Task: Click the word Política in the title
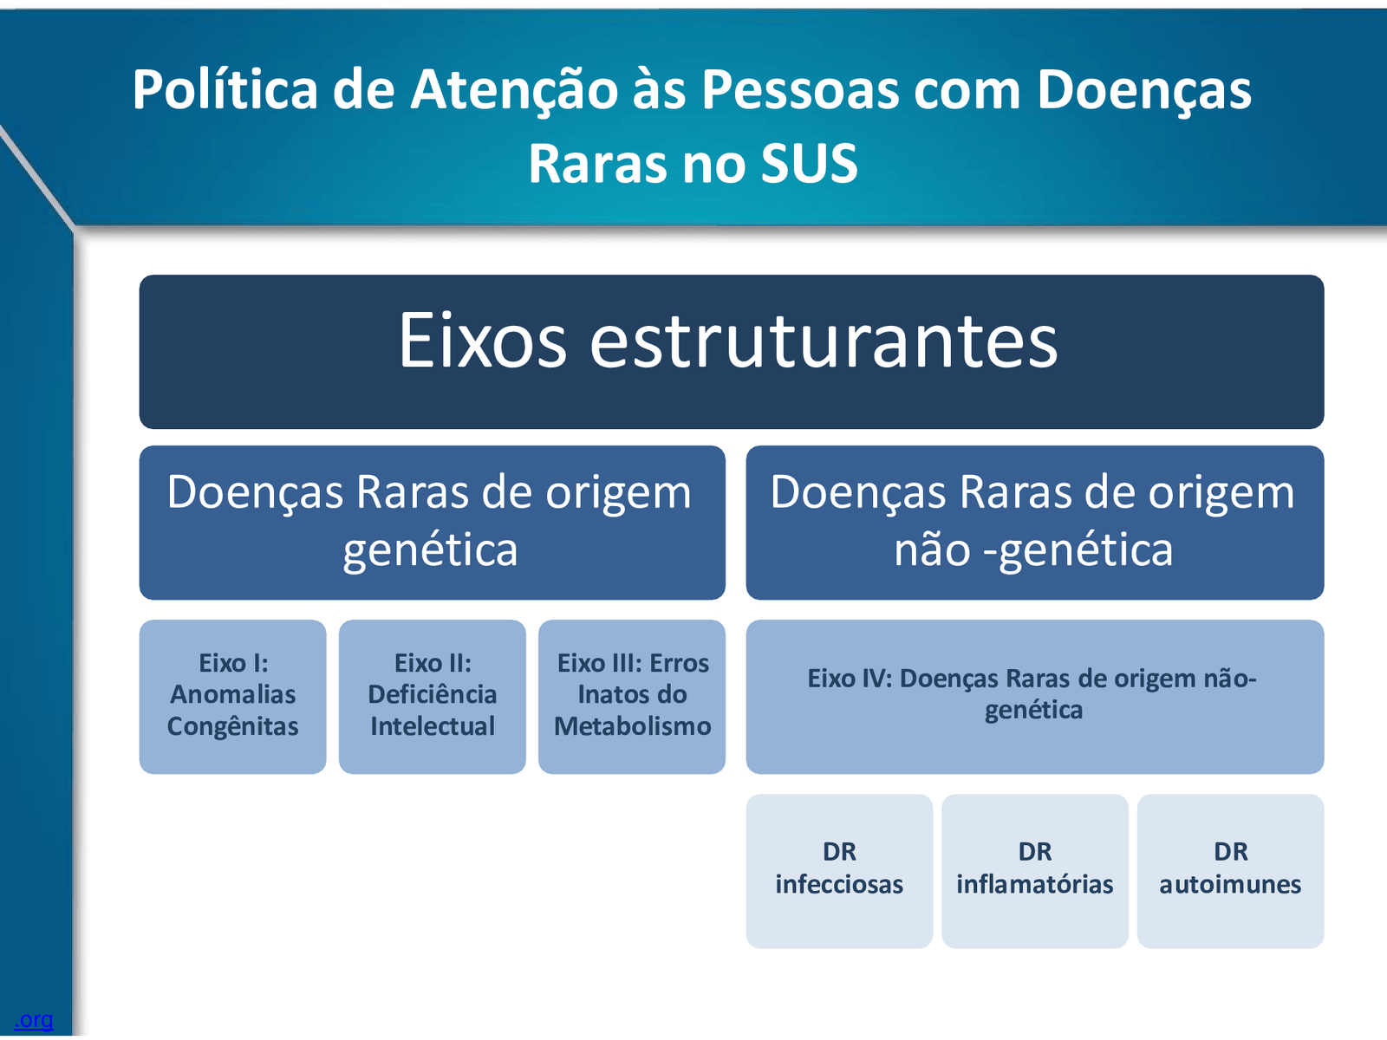coord(225,89)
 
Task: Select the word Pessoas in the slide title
coord(800,89)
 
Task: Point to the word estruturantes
coord(824,340)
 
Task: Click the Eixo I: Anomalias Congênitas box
coord(232,697)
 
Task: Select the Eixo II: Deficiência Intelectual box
coord(433,697)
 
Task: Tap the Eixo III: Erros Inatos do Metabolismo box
coord(632,697)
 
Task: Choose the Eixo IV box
coord(1034,697)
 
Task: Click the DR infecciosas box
coord(839,871)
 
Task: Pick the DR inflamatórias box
coord(1034,871)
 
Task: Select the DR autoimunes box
coord(1230,871)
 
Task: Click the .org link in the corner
coord(34,1020)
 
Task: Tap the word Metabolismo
coord(633,726)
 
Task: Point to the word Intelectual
coord(433,726)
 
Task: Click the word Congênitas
coord(232,727)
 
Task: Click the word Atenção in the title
coord(514,89)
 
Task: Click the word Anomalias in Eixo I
coord(232,694)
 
